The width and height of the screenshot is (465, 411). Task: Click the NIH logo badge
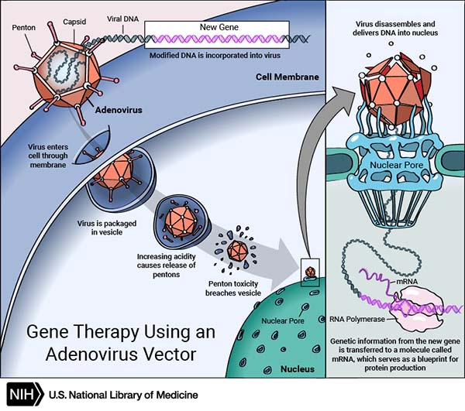tap(22, 394)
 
